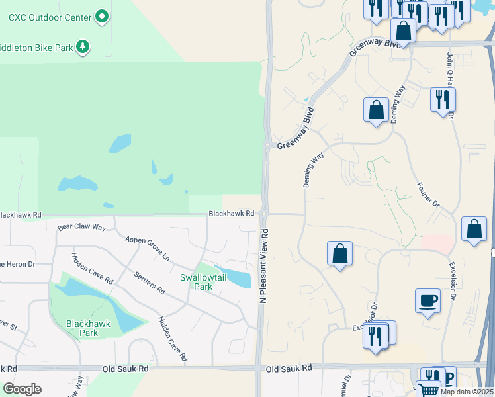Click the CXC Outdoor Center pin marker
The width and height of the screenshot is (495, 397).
[101, 16]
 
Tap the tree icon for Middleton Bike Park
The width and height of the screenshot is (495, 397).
[83, 46]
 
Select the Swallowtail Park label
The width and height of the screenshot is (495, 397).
[203, 282]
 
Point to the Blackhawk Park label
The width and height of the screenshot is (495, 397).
[82, 328]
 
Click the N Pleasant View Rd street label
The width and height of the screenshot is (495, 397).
[263, 267]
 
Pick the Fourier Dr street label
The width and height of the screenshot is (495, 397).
[427, 196]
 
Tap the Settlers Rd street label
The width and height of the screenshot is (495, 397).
[149, 283]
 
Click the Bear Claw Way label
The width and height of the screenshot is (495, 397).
[81, 227]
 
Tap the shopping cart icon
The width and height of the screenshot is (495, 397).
[429, 390]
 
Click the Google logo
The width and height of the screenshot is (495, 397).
[22, 389]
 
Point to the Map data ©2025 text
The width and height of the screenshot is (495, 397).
[467, 392]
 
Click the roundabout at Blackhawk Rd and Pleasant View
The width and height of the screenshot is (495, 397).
[263, 214]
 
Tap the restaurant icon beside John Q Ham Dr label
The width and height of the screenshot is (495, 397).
[443, 100]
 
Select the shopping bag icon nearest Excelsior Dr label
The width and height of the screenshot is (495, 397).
[474, 231]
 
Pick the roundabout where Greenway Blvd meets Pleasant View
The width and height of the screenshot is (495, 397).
[267, 145]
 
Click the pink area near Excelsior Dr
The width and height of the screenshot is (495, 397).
[437, 243]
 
